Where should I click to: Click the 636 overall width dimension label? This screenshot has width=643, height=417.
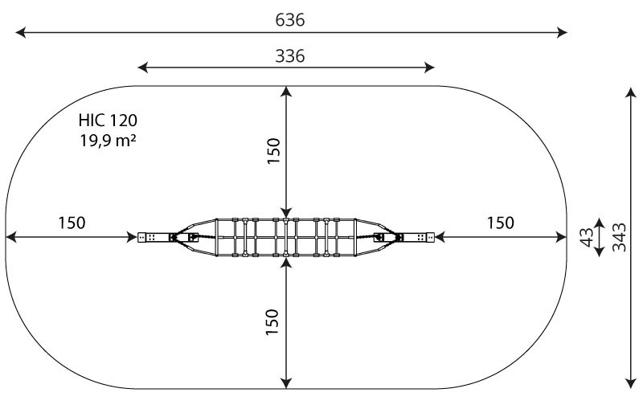coord(290,19)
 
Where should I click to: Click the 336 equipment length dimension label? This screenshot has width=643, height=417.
coord(290,55)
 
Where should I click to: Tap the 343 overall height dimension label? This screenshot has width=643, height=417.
coord(619,237)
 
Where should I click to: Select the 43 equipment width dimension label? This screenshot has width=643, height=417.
coord(588,237)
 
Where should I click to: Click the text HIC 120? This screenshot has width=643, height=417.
coord(108,121)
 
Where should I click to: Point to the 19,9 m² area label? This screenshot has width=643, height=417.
coord(108,141)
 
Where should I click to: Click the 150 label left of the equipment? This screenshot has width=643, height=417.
coord(72,223)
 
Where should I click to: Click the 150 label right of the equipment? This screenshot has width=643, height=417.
coord(500,223)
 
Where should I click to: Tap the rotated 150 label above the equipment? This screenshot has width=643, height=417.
coord(273,151)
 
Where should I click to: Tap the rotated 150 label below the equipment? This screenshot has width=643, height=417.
coord(272,322)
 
